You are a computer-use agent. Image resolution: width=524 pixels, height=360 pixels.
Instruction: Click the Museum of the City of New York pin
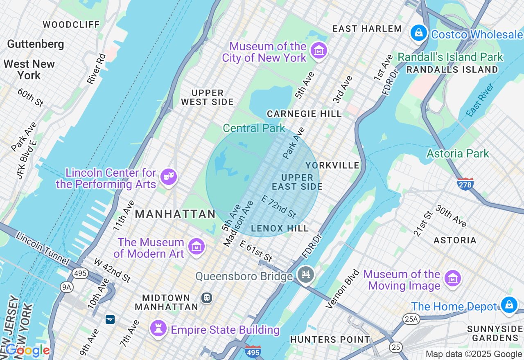coord(318,51)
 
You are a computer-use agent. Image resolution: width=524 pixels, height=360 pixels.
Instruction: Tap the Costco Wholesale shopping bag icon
coord(419,33)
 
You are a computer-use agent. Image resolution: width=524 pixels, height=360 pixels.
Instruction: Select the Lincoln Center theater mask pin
coord(169,177)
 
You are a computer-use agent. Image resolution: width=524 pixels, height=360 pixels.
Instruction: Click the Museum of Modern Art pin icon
coord(196,247)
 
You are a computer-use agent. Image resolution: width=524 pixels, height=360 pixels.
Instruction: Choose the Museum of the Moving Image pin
coord(452,279)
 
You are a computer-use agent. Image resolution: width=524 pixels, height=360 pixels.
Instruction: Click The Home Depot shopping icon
coord(509,305)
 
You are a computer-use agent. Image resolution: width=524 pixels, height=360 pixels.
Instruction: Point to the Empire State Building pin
coord(158,328)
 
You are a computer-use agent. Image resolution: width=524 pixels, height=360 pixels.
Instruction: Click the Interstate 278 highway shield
coord(465,184)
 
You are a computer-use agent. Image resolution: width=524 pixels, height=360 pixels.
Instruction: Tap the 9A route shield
coord(67,287)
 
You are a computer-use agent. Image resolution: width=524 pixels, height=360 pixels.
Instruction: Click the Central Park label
coord(254,128)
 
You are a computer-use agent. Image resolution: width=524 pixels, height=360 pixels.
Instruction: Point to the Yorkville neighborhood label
coord(332,165)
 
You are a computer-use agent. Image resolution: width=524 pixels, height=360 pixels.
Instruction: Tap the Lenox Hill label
coord(280,228)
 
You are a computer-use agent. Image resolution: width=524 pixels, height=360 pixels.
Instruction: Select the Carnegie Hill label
coord(304,114)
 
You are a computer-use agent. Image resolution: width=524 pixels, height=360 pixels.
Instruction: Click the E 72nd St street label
coord(278,207)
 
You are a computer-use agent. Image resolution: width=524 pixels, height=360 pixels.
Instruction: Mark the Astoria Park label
coord(458,154)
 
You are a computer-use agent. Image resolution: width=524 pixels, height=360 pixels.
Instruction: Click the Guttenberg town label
coord(36,44)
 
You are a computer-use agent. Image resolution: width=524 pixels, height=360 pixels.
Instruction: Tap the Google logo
coord(27,350)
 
